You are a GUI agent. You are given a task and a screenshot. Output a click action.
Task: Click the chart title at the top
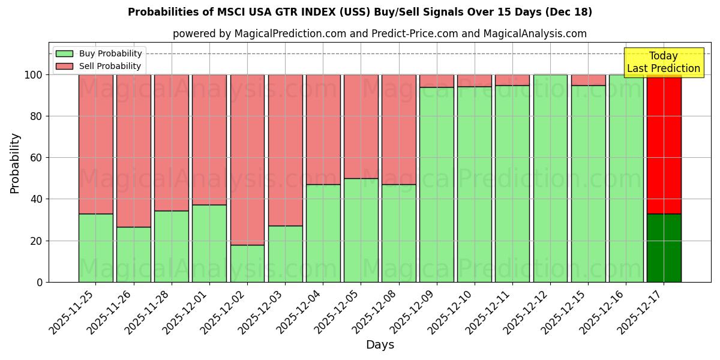(359, 12)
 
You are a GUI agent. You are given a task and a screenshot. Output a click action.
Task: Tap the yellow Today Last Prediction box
(663, 62)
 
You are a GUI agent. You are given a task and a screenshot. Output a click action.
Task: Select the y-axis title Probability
(14, 163)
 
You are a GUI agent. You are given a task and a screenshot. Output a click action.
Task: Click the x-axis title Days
(380, 345)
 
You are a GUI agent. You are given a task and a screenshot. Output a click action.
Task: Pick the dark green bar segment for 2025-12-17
(664, 248)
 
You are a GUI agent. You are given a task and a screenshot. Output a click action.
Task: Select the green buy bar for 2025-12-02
(247, 263)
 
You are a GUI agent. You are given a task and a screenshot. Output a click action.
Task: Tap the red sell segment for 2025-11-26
(134, 151)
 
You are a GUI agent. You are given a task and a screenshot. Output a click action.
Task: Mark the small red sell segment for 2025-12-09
(437, 81)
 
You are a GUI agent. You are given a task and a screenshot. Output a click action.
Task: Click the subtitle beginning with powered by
(379, 34)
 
